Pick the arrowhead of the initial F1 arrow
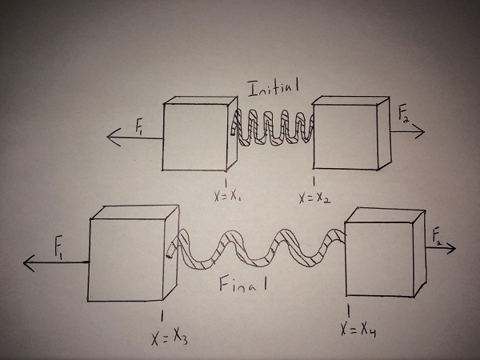click(x=110, y=138)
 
